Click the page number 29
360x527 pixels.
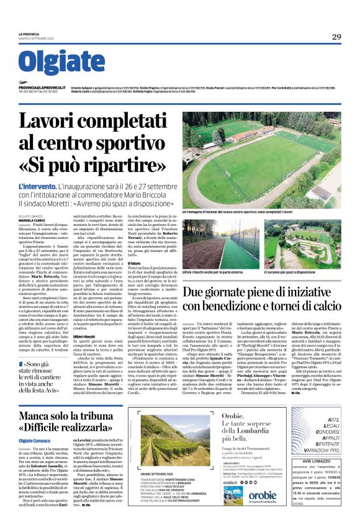[336, 36]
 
